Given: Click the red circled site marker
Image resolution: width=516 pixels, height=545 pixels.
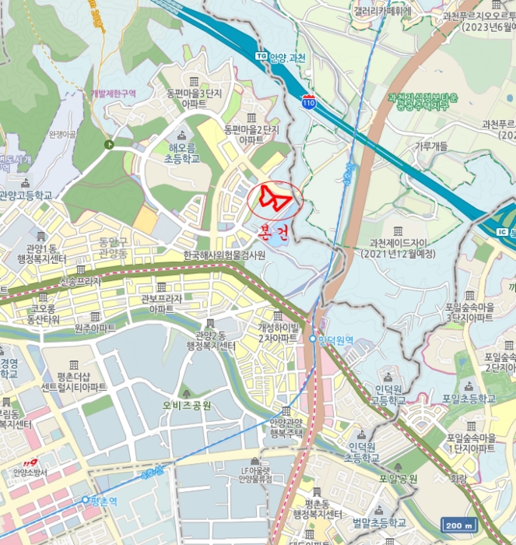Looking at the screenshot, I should [x=275, y=201].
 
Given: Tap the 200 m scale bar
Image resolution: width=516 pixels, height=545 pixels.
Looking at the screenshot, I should [x=458, y=526].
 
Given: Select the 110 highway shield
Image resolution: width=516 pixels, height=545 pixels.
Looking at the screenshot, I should [x=310, y=102].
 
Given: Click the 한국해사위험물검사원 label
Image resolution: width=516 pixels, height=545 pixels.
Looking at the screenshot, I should [x=224, y=255].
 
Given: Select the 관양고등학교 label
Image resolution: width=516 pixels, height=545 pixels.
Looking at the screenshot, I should [x=25, y=195].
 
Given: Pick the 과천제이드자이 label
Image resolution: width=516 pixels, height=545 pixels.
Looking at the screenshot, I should [x=398, y=247].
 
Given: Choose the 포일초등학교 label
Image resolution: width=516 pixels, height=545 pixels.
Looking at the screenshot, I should [x=468, y=399].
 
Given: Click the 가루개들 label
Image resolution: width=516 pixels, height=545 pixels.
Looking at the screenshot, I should [x=430, y=146].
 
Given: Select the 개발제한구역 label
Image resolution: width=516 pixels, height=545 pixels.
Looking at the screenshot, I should [x=114, y=93].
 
